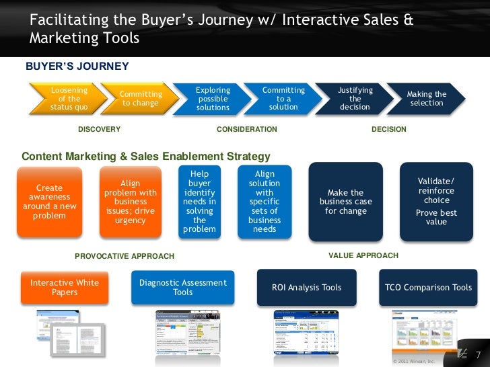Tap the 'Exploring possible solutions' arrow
213,99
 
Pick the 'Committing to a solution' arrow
283,99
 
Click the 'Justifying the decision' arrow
355,99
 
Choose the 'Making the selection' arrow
427,99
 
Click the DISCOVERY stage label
100,129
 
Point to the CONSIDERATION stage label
247,129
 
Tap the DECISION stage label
389,129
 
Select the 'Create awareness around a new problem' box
49,202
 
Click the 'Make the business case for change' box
345,202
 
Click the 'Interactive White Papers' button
65,288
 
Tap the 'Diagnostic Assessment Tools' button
182,288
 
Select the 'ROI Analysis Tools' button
306,288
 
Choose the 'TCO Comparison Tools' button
428,288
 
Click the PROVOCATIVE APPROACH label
125,256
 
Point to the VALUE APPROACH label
363,255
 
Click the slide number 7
479,355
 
